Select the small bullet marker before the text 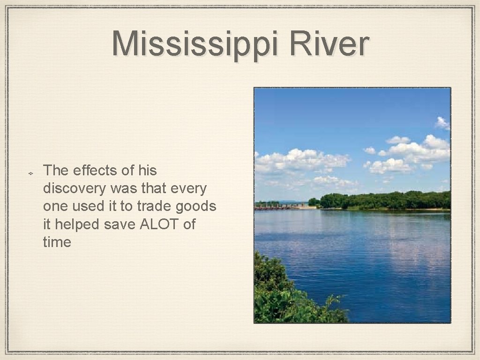click(29, 173)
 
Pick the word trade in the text click(153, 206)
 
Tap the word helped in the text click(77, 225)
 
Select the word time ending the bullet click(57, 242)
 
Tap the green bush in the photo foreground click(281, 296)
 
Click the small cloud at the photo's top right click(442, 123)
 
